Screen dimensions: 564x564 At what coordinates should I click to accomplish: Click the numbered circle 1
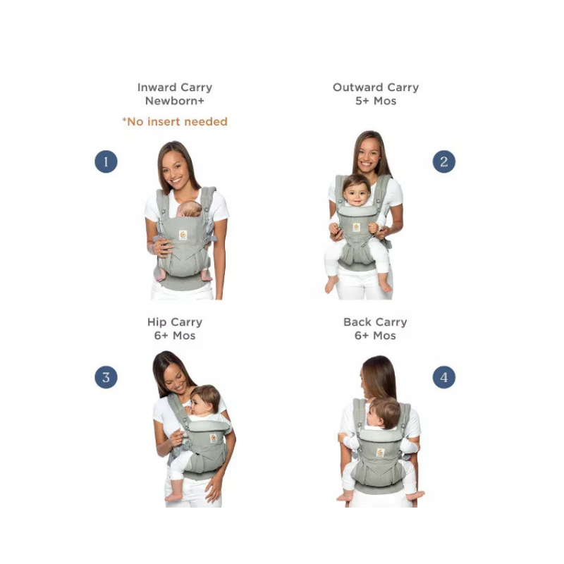coord(106,161)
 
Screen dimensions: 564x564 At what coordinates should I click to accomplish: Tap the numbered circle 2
coord(444,161)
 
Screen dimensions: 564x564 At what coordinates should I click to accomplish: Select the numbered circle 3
coord(106,377)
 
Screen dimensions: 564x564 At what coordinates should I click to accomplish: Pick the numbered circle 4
coord(444,377)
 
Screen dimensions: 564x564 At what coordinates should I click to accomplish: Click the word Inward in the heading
coord(157,87)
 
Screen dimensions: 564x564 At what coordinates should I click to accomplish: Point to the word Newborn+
coord(175,101)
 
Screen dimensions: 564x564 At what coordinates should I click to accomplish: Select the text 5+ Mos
coord(376,101)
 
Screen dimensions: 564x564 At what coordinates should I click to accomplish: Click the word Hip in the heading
coord(157,322)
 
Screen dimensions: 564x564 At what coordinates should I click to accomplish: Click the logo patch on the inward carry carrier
coord(183,235)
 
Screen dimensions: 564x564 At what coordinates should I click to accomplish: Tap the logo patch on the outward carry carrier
coord(357,227)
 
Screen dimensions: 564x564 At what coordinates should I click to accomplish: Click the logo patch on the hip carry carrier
coord(214,438)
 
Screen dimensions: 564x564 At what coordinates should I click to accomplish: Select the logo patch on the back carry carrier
coord(380,453)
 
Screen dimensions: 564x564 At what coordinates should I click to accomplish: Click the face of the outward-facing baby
coord(356,193)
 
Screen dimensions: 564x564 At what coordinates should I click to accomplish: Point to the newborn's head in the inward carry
coord(190,209)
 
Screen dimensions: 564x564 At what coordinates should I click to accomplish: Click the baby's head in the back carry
coord(384,412)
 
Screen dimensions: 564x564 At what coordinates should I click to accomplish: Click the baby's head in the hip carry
coord(204,399)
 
